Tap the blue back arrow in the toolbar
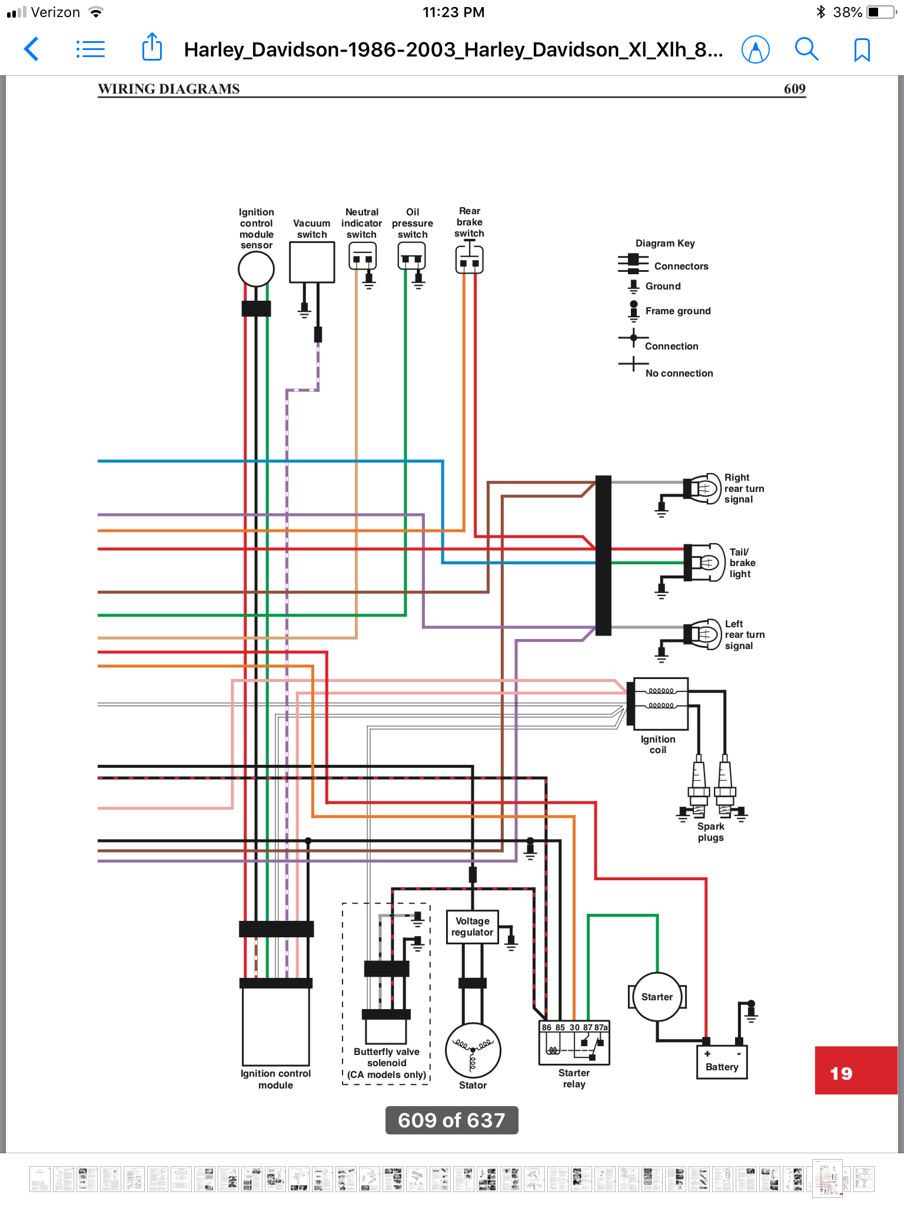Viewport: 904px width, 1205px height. coord(32,49)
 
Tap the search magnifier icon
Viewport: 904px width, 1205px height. coord(806,49)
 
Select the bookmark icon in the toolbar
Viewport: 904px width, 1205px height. coord(862,49)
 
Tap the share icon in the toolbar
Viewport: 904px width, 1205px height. coord(152,47)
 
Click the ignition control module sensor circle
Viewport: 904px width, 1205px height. coord(256,269)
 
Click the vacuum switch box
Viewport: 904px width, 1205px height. coord(312,262)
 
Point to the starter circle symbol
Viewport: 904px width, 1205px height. coord(657,997)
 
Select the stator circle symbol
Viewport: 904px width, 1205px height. coord(473,1051)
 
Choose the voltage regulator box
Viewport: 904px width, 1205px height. coord(472,927)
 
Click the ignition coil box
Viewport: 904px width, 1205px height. coord(657,703)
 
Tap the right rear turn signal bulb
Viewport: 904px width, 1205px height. coord(704,488)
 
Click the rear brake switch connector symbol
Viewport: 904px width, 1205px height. coord(469,259)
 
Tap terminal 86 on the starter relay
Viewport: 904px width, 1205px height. coord(547,1027)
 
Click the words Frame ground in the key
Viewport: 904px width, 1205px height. coord(677,311)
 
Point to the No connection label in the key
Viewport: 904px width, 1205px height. coord(679,373)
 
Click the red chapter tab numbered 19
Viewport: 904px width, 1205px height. coord(855,1070)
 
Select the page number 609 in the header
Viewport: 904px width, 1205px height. coord(794,89)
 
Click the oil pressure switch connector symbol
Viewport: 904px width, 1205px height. coord(411,257)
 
